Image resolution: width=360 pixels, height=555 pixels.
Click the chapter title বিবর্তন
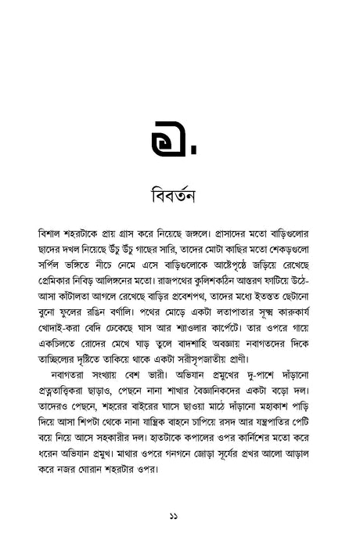(179, 193)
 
